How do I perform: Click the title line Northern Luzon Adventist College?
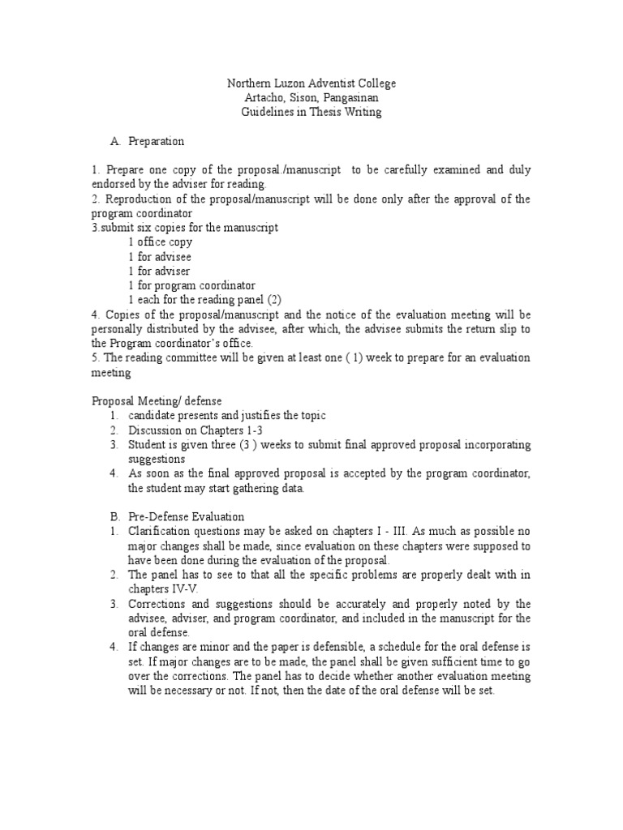312,83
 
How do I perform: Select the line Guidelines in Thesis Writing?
312,113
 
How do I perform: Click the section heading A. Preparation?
148,141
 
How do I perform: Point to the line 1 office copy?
160,242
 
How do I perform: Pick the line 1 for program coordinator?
191,285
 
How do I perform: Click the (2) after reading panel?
274,300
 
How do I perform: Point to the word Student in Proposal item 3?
146,444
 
